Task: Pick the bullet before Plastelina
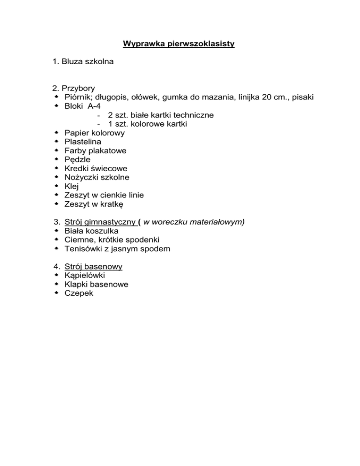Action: coord(56,142)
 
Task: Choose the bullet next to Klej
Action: coord(56,186)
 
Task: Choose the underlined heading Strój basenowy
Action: coord(93,266)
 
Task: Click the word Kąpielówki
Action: coord(85,275)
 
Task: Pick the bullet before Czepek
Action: coord(56,293)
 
